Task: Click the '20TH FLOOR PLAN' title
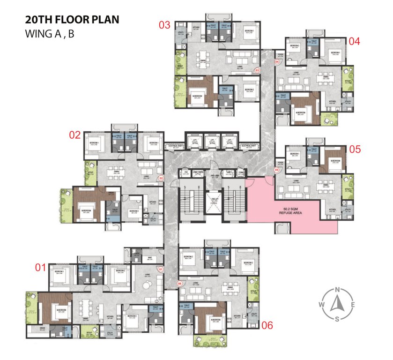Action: tap(66, 20)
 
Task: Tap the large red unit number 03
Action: tap(164, 25)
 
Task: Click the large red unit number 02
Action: tap(75, 135)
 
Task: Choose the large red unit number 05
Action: tap(355, 150)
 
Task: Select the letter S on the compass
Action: tap(337, 319)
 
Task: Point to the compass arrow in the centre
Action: tap(337, 305)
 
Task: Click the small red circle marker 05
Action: tap(276, 170)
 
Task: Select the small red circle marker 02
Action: tap(161, 178)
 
